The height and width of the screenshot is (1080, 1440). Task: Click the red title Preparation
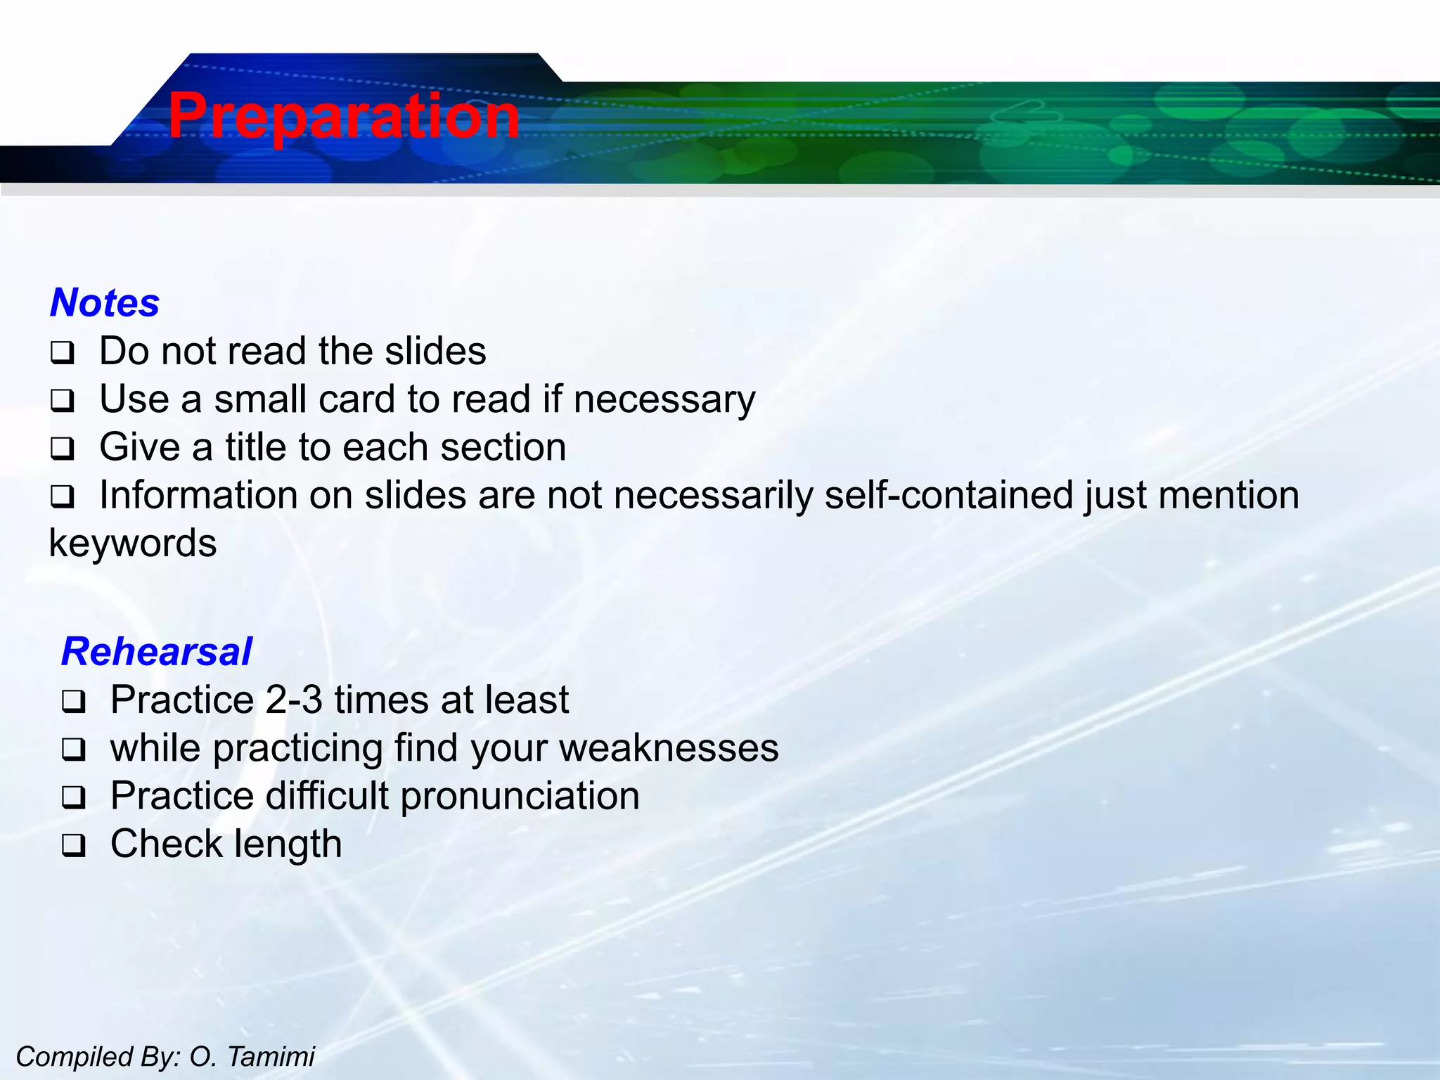click(343, 116)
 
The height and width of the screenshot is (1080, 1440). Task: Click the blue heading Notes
click(105, 303)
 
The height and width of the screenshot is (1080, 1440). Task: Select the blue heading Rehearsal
click(156, 652)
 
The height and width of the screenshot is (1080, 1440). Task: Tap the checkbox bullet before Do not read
click(62, 353)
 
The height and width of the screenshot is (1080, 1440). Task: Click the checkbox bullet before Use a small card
click(62, 401)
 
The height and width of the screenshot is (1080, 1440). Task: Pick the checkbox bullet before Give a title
click(62, 449)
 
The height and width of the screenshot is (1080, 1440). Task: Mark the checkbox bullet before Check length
click(73, 845)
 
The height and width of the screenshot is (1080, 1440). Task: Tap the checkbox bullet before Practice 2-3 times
click(73, 702)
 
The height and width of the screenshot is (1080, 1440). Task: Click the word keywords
click(132, 544)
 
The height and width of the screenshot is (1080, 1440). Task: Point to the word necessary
click(664, 400)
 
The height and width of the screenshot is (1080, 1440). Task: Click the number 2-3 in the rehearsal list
click(294, 700)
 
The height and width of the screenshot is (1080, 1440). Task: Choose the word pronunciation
click(520, 797)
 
